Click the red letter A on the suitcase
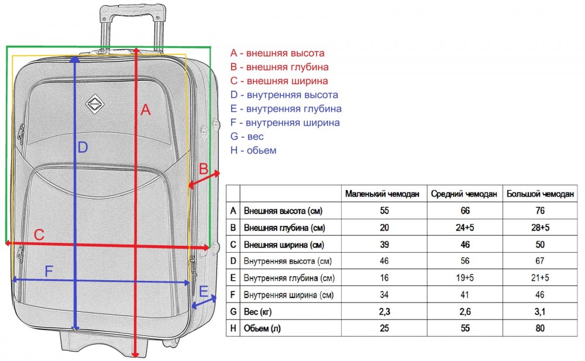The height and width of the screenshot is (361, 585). (146, 109)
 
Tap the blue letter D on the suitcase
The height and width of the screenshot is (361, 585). (82, 147)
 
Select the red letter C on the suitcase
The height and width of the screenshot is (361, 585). (39, 235)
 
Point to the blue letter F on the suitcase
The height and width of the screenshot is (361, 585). (49, 271)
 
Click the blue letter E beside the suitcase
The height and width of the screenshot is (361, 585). (204, 291)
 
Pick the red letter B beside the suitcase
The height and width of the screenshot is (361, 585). (204, 169)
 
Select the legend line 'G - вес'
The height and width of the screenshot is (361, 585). (247, 136)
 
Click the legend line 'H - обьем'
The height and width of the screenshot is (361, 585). (253, 150)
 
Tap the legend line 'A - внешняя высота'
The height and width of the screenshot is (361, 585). (277, 53)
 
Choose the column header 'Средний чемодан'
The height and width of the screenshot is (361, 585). (464, 194)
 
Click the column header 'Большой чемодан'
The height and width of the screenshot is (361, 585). (541, 194)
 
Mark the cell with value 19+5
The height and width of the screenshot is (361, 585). (464, 278)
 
